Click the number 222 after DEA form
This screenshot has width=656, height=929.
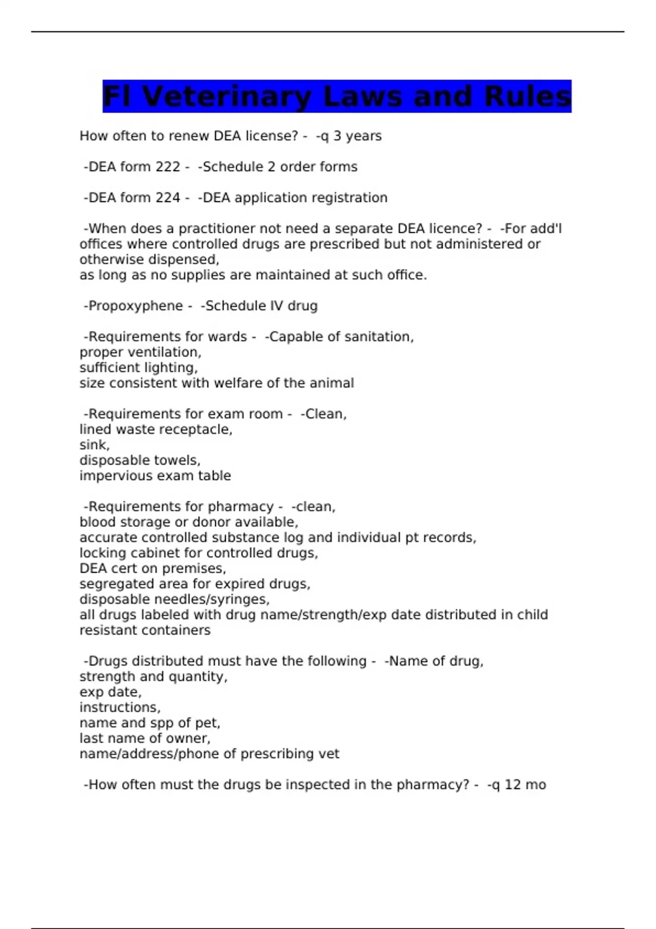(168, 167)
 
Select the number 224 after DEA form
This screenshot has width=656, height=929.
(168, 198)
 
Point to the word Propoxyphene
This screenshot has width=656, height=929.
(136, 306)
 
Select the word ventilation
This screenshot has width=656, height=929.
(167, 352)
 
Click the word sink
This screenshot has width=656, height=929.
(93, 445)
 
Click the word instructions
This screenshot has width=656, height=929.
(119, 708)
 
